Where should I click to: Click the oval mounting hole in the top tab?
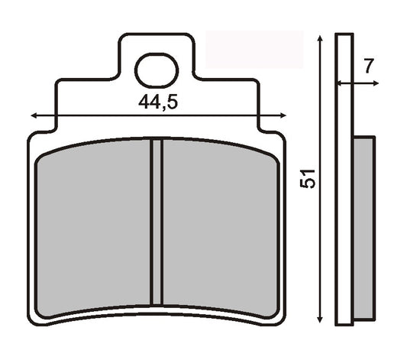pos(157,70)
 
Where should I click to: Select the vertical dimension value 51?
pos(308,180)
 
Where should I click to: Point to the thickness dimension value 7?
pos(368,66)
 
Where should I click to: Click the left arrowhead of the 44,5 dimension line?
pos(34,116)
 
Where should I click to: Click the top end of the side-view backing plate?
pos(344,34)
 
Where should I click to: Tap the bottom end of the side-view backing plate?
pos(344,323)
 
